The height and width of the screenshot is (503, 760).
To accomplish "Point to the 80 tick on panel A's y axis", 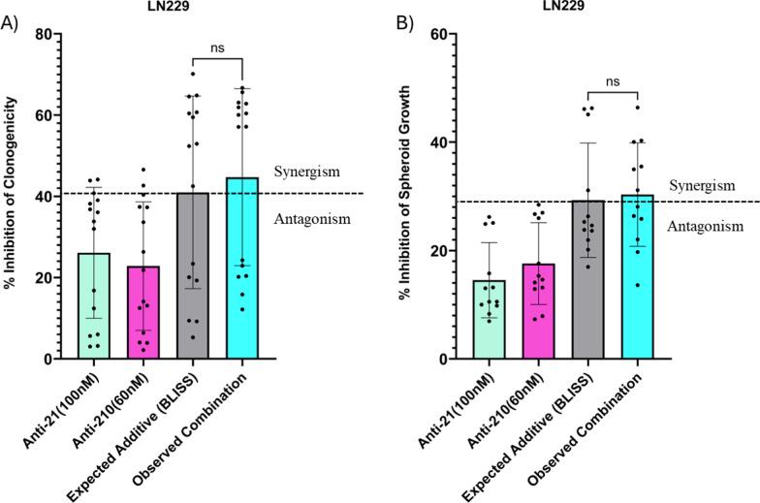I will [x=47, y=34].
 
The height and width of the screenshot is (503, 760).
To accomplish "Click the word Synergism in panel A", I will [x=307, y=172].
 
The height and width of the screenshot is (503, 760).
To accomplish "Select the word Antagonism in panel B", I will [x=710, y=226].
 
